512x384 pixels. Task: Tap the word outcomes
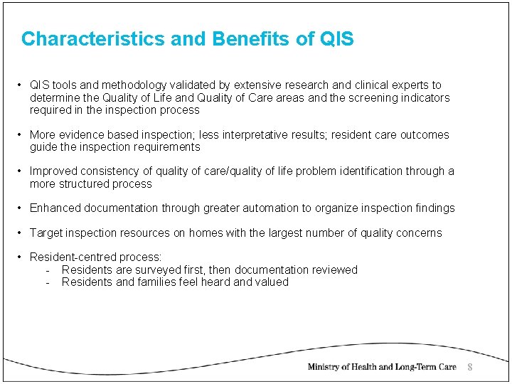tap(425, 135)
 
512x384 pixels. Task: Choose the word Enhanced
tap(55, 208)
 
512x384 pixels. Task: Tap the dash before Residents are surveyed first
tap(47, 270)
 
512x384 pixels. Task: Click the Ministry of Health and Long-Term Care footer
tap(382, 367)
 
